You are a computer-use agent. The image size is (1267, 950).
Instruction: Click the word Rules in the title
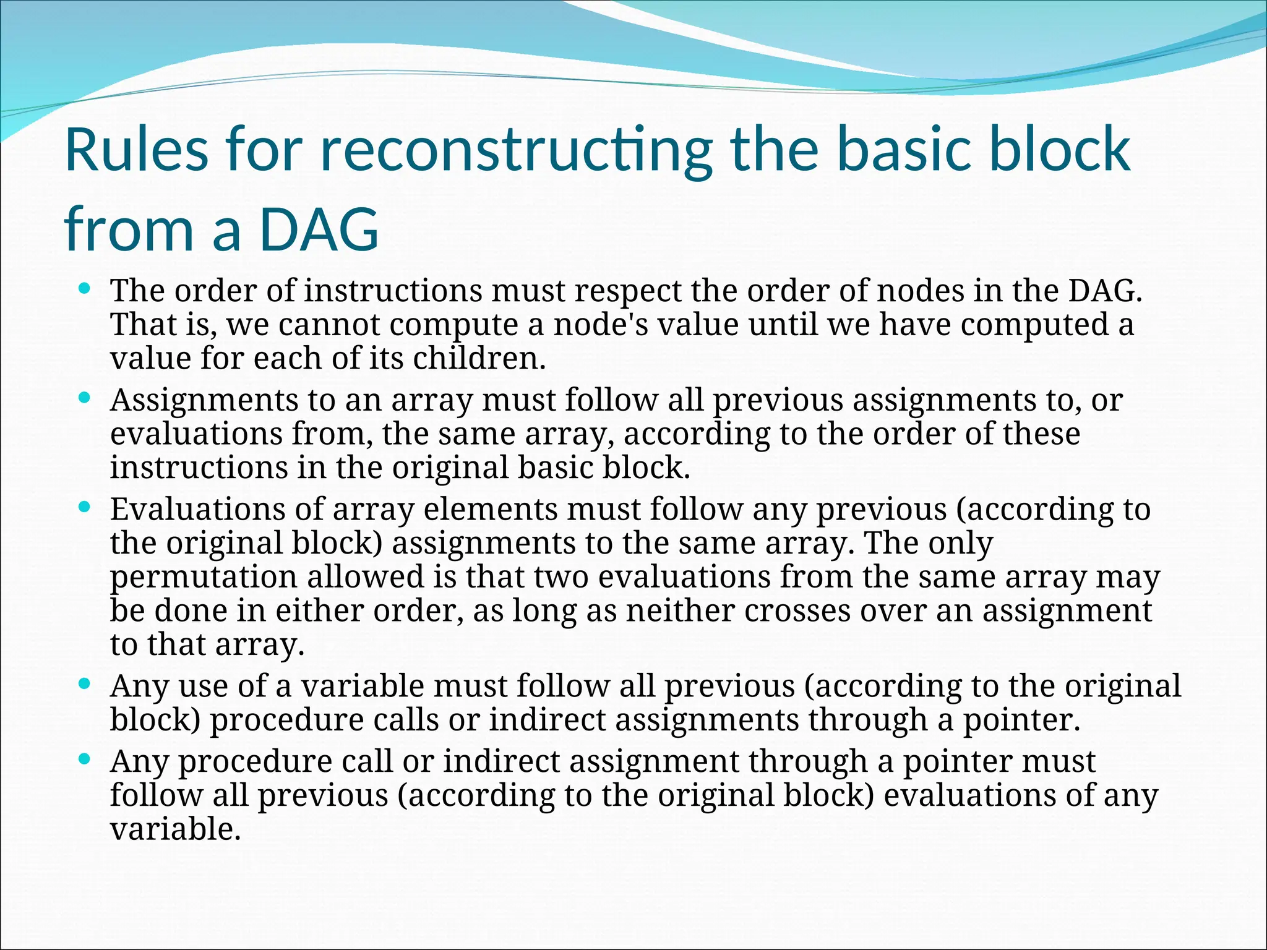137,150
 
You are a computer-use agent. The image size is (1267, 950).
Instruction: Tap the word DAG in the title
319,230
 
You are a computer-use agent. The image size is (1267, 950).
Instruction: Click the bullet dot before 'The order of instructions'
85,288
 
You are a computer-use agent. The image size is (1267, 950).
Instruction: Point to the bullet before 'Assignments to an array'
85,398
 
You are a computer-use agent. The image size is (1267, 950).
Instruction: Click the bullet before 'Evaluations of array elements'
85,507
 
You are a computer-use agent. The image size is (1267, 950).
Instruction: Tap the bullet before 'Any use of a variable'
85,684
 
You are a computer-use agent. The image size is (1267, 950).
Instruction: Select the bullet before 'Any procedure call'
85,759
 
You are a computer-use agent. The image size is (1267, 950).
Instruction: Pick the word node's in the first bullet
601,325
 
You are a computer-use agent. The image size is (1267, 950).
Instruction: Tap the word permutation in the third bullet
204,577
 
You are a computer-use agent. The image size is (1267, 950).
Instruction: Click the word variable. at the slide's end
175,829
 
